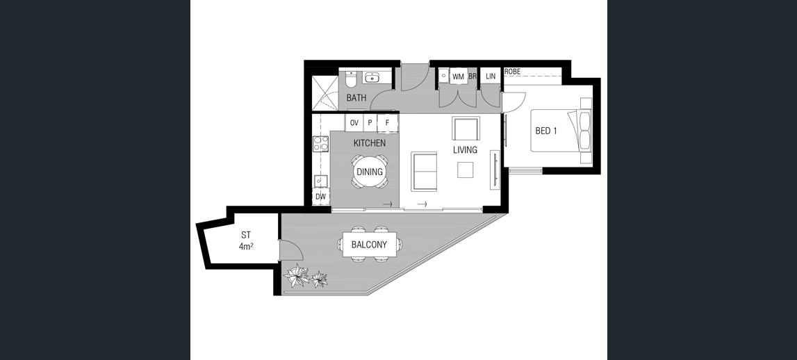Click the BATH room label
[x=356, y=97]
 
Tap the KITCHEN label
[x=370, y=143]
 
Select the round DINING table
[x=370, y=172]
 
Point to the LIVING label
[x=465, y=150]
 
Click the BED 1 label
[x=546, y=131]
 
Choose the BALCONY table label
[x=370, y=245]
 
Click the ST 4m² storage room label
[x=246, y=241]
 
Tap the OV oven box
[x=354, y=122]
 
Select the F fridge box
[x=387, y=122]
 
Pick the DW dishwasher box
[x=320, y=196]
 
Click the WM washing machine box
[x=459, y=76]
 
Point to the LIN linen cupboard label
[x=491, y=76]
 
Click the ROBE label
[x=512, y=72]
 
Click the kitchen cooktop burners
[x=321, y=144]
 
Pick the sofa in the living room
[x=424, y=172]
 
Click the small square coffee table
[x=465, y=170]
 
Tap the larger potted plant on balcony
[x=295, y=275]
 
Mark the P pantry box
[x=370, y=122]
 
